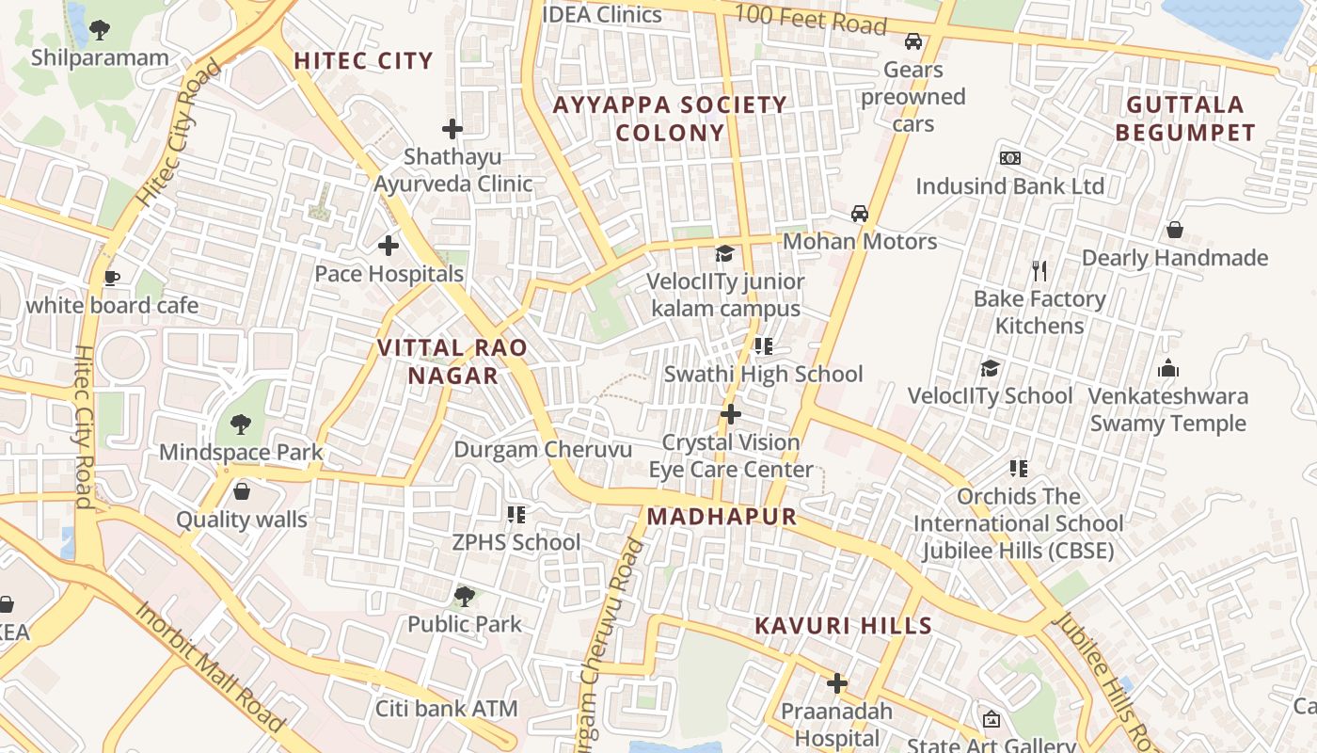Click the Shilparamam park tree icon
tap(100, 30)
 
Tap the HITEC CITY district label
tap(363, 61)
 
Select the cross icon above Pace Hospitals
tap(389, 247)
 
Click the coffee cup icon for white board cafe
tap(111, 278)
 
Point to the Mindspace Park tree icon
tap(241, 425)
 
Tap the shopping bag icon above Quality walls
tap(242, 491)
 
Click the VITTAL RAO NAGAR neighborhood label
tap(452, 361)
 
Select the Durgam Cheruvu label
tap(543, 449)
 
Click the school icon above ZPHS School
tap(516, 514)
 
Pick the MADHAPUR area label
tap(722, 516)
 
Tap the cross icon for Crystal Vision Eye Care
tap(731, 414)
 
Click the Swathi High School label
tap(763, 374)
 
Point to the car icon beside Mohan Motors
tap(859, 214)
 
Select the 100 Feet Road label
tap(810, 19)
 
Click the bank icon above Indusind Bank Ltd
tap(1010, 158)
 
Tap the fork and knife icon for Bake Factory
tap(1039, 271)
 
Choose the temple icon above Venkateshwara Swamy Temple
tap(1167, 368)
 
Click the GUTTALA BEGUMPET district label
tap(1185, 119)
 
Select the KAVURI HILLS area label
tap(843, 626)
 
